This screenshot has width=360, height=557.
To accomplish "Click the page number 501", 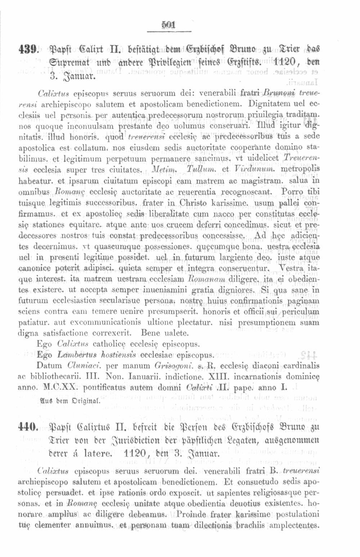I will [x=168, y=25].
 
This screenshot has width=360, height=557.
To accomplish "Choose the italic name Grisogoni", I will [x=174, y=366].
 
